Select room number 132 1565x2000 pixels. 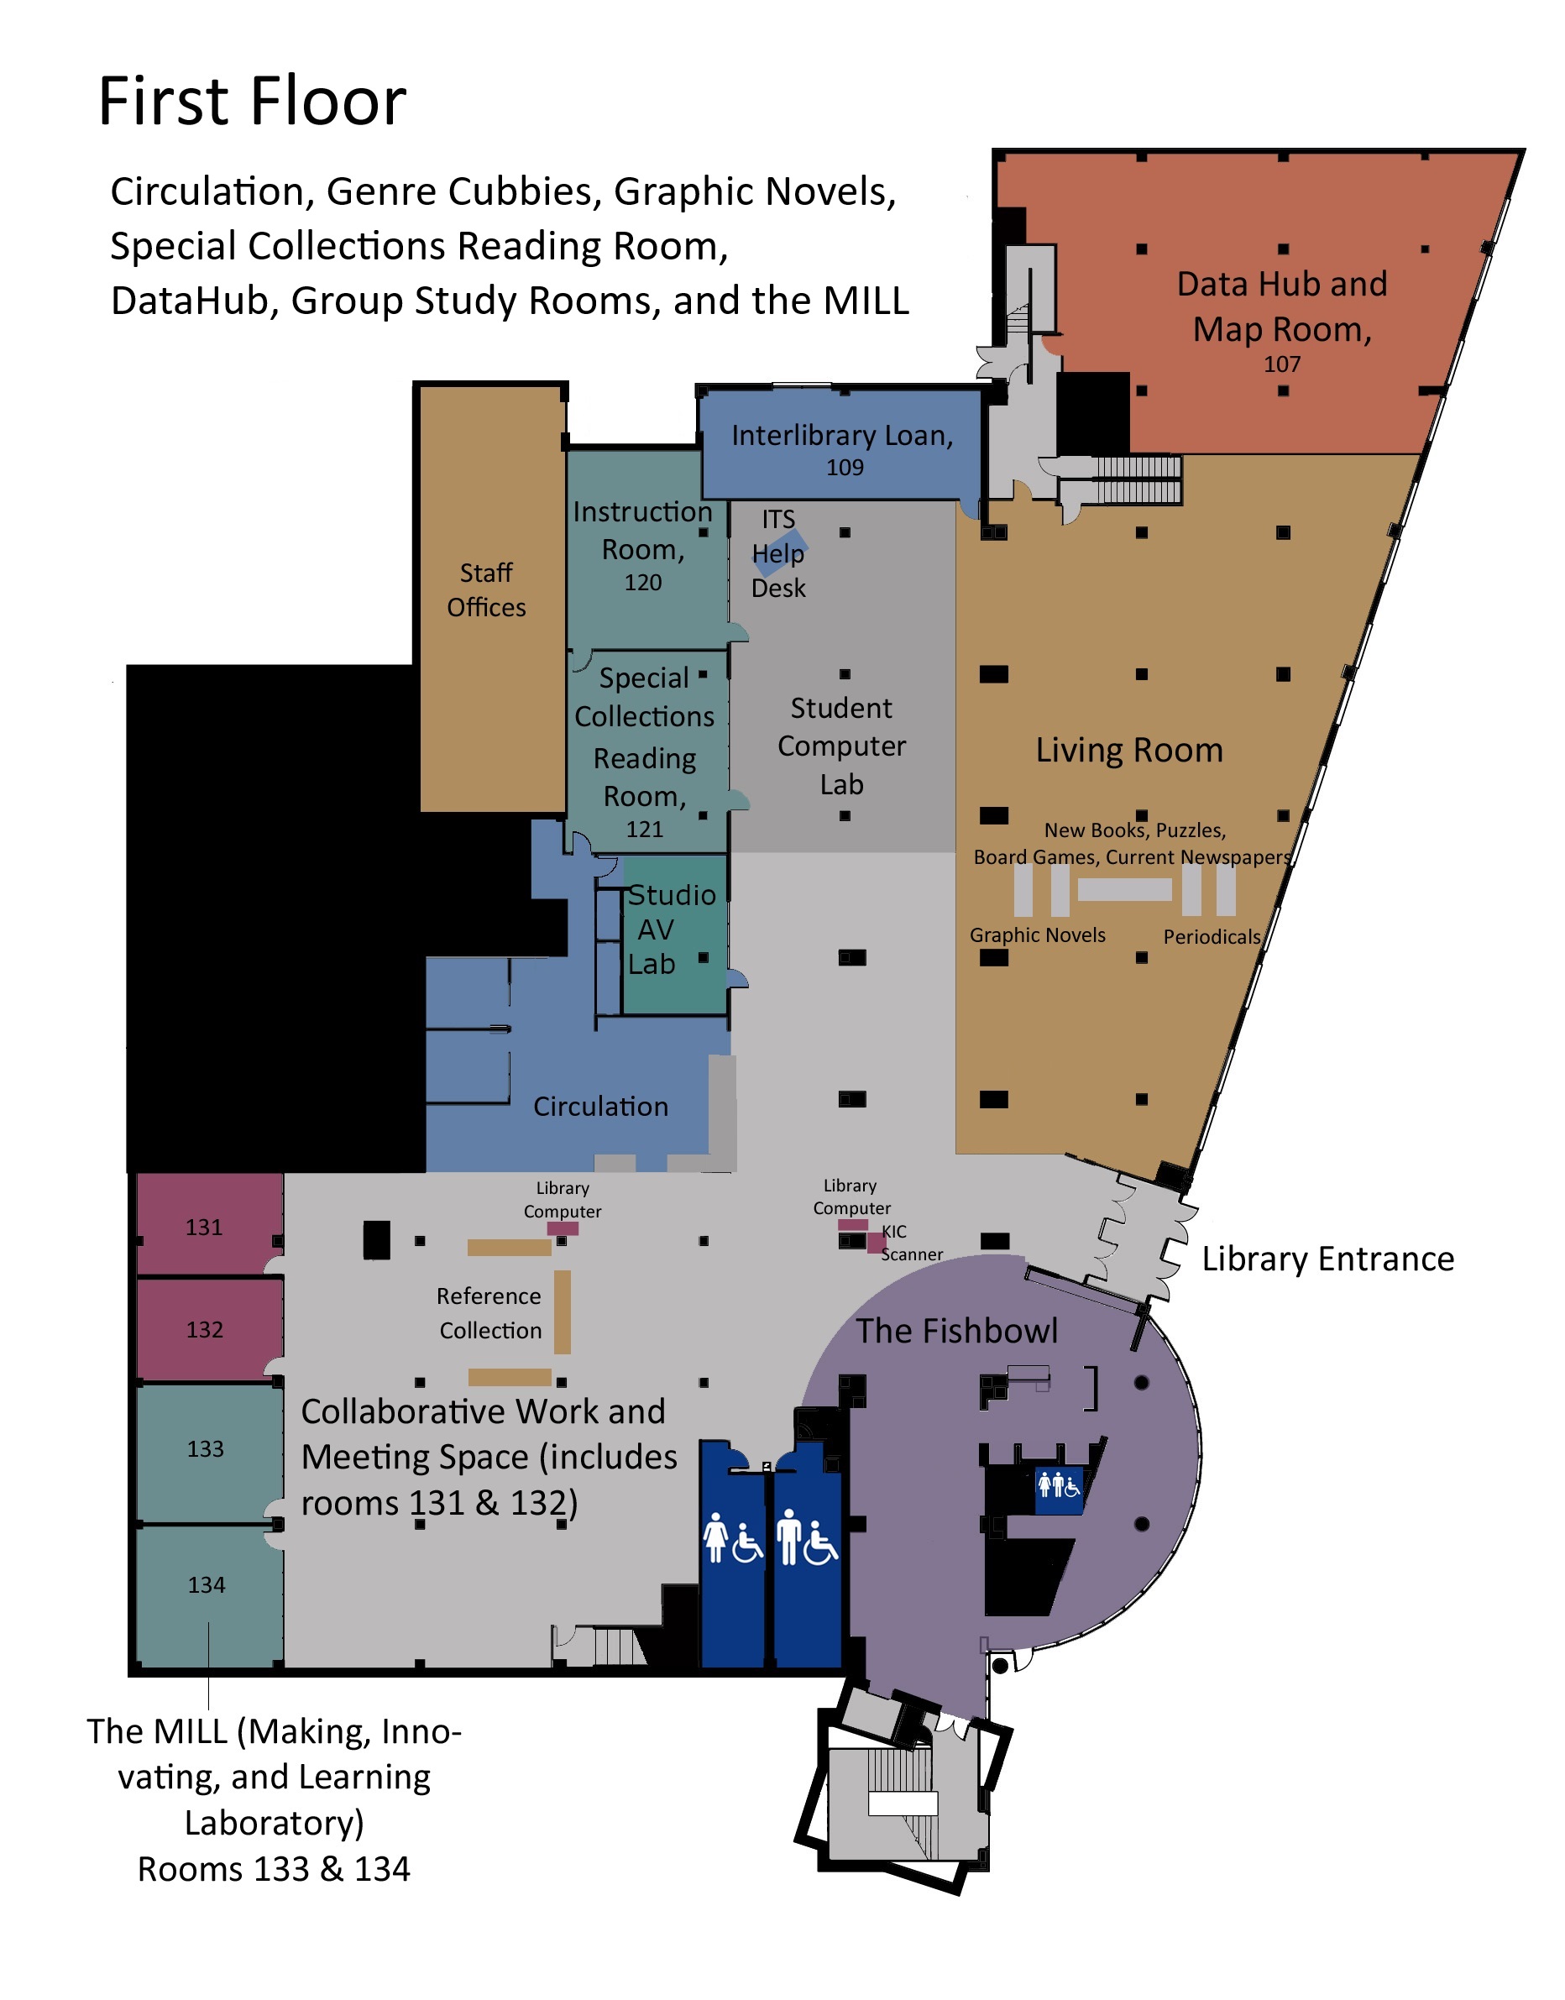pos(204,1329)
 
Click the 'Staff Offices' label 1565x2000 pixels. pos(486,590)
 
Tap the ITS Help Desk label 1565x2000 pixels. pos(779,553)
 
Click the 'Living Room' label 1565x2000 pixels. pos(1129,751)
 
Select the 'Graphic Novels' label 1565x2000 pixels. pos(1037,935)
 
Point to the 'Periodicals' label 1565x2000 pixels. pos(1212,936)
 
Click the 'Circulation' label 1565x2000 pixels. pos(600,1107)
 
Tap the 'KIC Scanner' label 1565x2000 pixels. pos(910,1243)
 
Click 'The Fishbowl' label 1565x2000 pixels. pos(956,1330)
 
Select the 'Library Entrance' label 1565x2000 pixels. pos(1327,1259)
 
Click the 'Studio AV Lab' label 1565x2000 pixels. pos(671,930)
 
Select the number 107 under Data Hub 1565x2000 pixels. pos(1282,364)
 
